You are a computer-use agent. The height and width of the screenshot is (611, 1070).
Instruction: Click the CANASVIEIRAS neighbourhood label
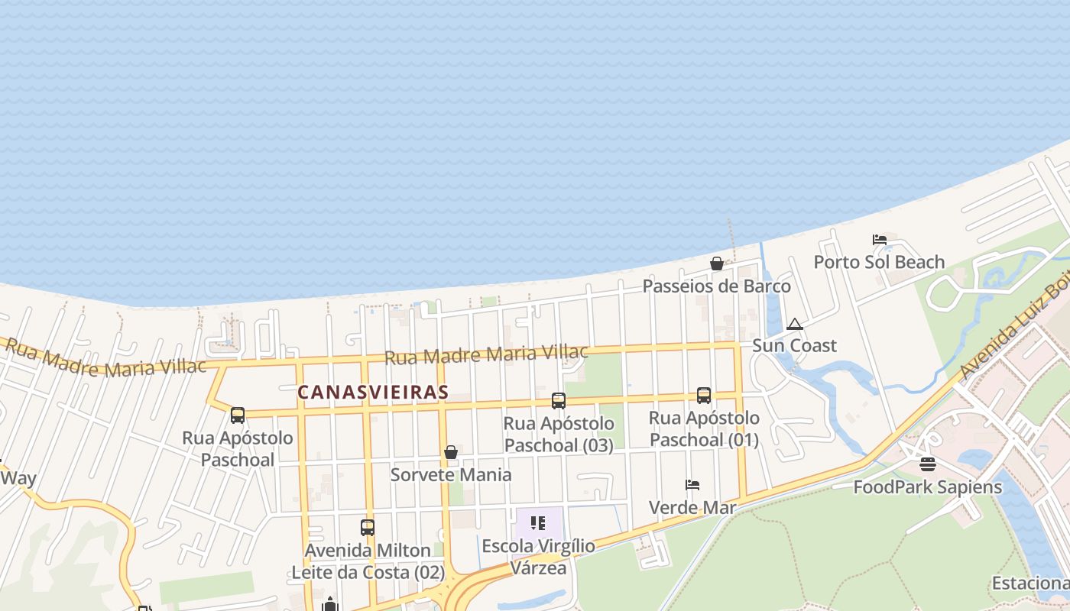pos(372,392)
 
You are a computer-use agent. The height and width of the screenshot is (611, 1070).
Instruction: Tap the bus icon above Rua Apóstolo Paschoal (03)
pos(559,401)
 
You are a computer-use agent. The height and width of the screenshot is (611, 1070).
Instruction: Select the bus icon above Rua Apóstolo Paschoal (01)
pos(704,396)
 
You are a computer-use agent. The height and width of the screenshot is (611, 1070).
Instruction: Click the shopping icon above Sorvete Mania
pos(451,453)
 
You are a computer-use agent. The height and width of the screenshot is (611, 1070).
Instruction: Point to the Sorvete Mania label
pos(451,474)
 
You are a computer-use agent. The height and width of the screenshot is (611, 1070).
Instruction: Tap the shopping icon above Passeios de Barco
pos(717,264)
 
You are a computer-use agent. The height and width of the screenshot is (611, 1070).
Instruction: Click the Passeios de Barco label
pos(717,286)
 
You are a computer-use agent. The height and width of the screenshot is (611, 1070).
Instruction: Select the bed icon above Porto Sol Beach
pos(880,240)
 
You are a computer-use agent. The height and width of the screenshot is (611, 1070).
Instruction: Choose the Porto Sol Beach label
pos(879,262)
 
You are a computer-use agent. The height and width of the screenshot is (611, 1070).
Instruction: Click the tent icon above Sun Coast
pos(795,325)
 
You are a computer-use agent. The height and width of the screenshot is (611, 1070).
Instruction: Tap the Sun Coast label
pos(795,345)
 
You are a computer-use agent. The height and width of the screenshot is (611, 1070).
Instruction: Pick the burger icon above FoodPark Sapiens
pos(927,464)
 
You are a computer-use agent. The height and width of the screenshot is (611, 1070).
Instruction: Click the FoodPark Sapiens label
pos(927,487)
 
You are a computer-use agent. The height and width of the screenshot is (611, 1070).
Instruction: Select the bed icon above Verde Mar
pos(692,485)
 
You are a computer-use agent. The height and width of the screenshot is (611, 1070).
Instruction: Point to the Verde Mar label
pos(692,507)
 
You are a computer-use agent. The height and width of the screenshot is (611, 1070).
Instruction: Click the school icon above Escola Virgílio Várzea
pos(538,523)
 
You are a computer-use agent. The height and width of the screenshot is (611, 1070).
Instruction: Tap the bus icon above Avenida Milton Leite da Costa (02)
pos(368,528)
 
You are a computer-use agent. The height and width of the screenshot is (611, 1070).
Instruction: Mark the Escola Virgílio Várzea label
pos(538,557)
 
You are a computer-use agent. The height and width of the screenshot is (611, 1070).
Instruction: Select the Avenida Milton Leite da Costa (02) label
pos(368,561)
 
